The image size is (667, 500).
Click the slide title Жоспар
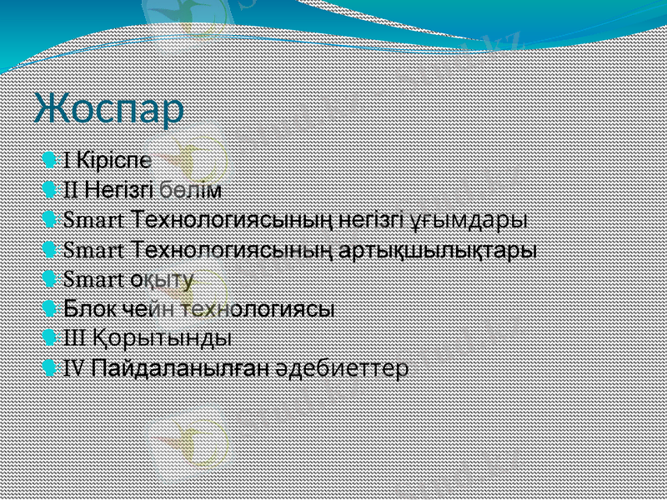(x=109, y=109)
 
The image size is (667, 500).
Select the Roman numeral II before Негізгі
(x=71, y=190)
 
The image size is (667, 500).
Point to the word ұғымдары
(x=469, y=221)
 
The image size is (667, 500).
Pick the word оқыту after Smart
(x=162, y=279)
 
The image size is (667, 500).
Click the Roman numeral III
(x=73, y=338)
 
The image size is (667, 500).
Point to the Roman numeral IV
(x=73, y=367)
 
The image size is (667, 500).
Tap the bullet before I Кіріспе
(x=54, y=160)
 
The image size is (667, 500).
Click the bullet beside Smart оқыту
(x=54, y=279)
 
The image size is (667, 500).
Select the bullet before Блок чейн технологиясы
(x=54, y=308)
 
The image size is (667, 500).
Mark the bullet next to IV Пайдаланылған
(x=54, y=367)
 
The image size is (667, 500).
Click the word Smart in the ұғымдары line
(x=94, y=221)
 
